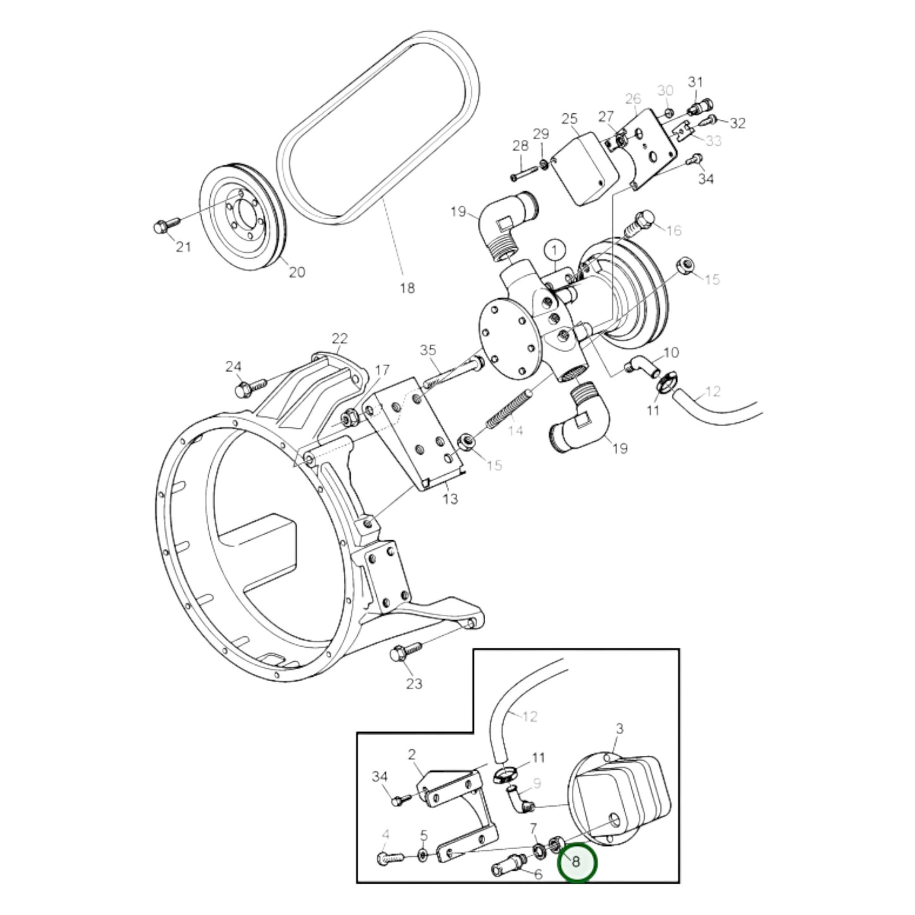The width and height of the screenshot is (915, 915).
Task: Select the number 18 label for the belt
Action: pyautogui.click(x=407, y=287)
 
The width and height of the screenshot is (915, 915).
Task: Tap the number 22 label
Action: pyautogui.click(x=339, y=339)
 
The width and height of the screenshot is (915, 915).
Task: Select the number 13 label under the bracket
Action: pyautogui.click(x=450, y=498)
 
